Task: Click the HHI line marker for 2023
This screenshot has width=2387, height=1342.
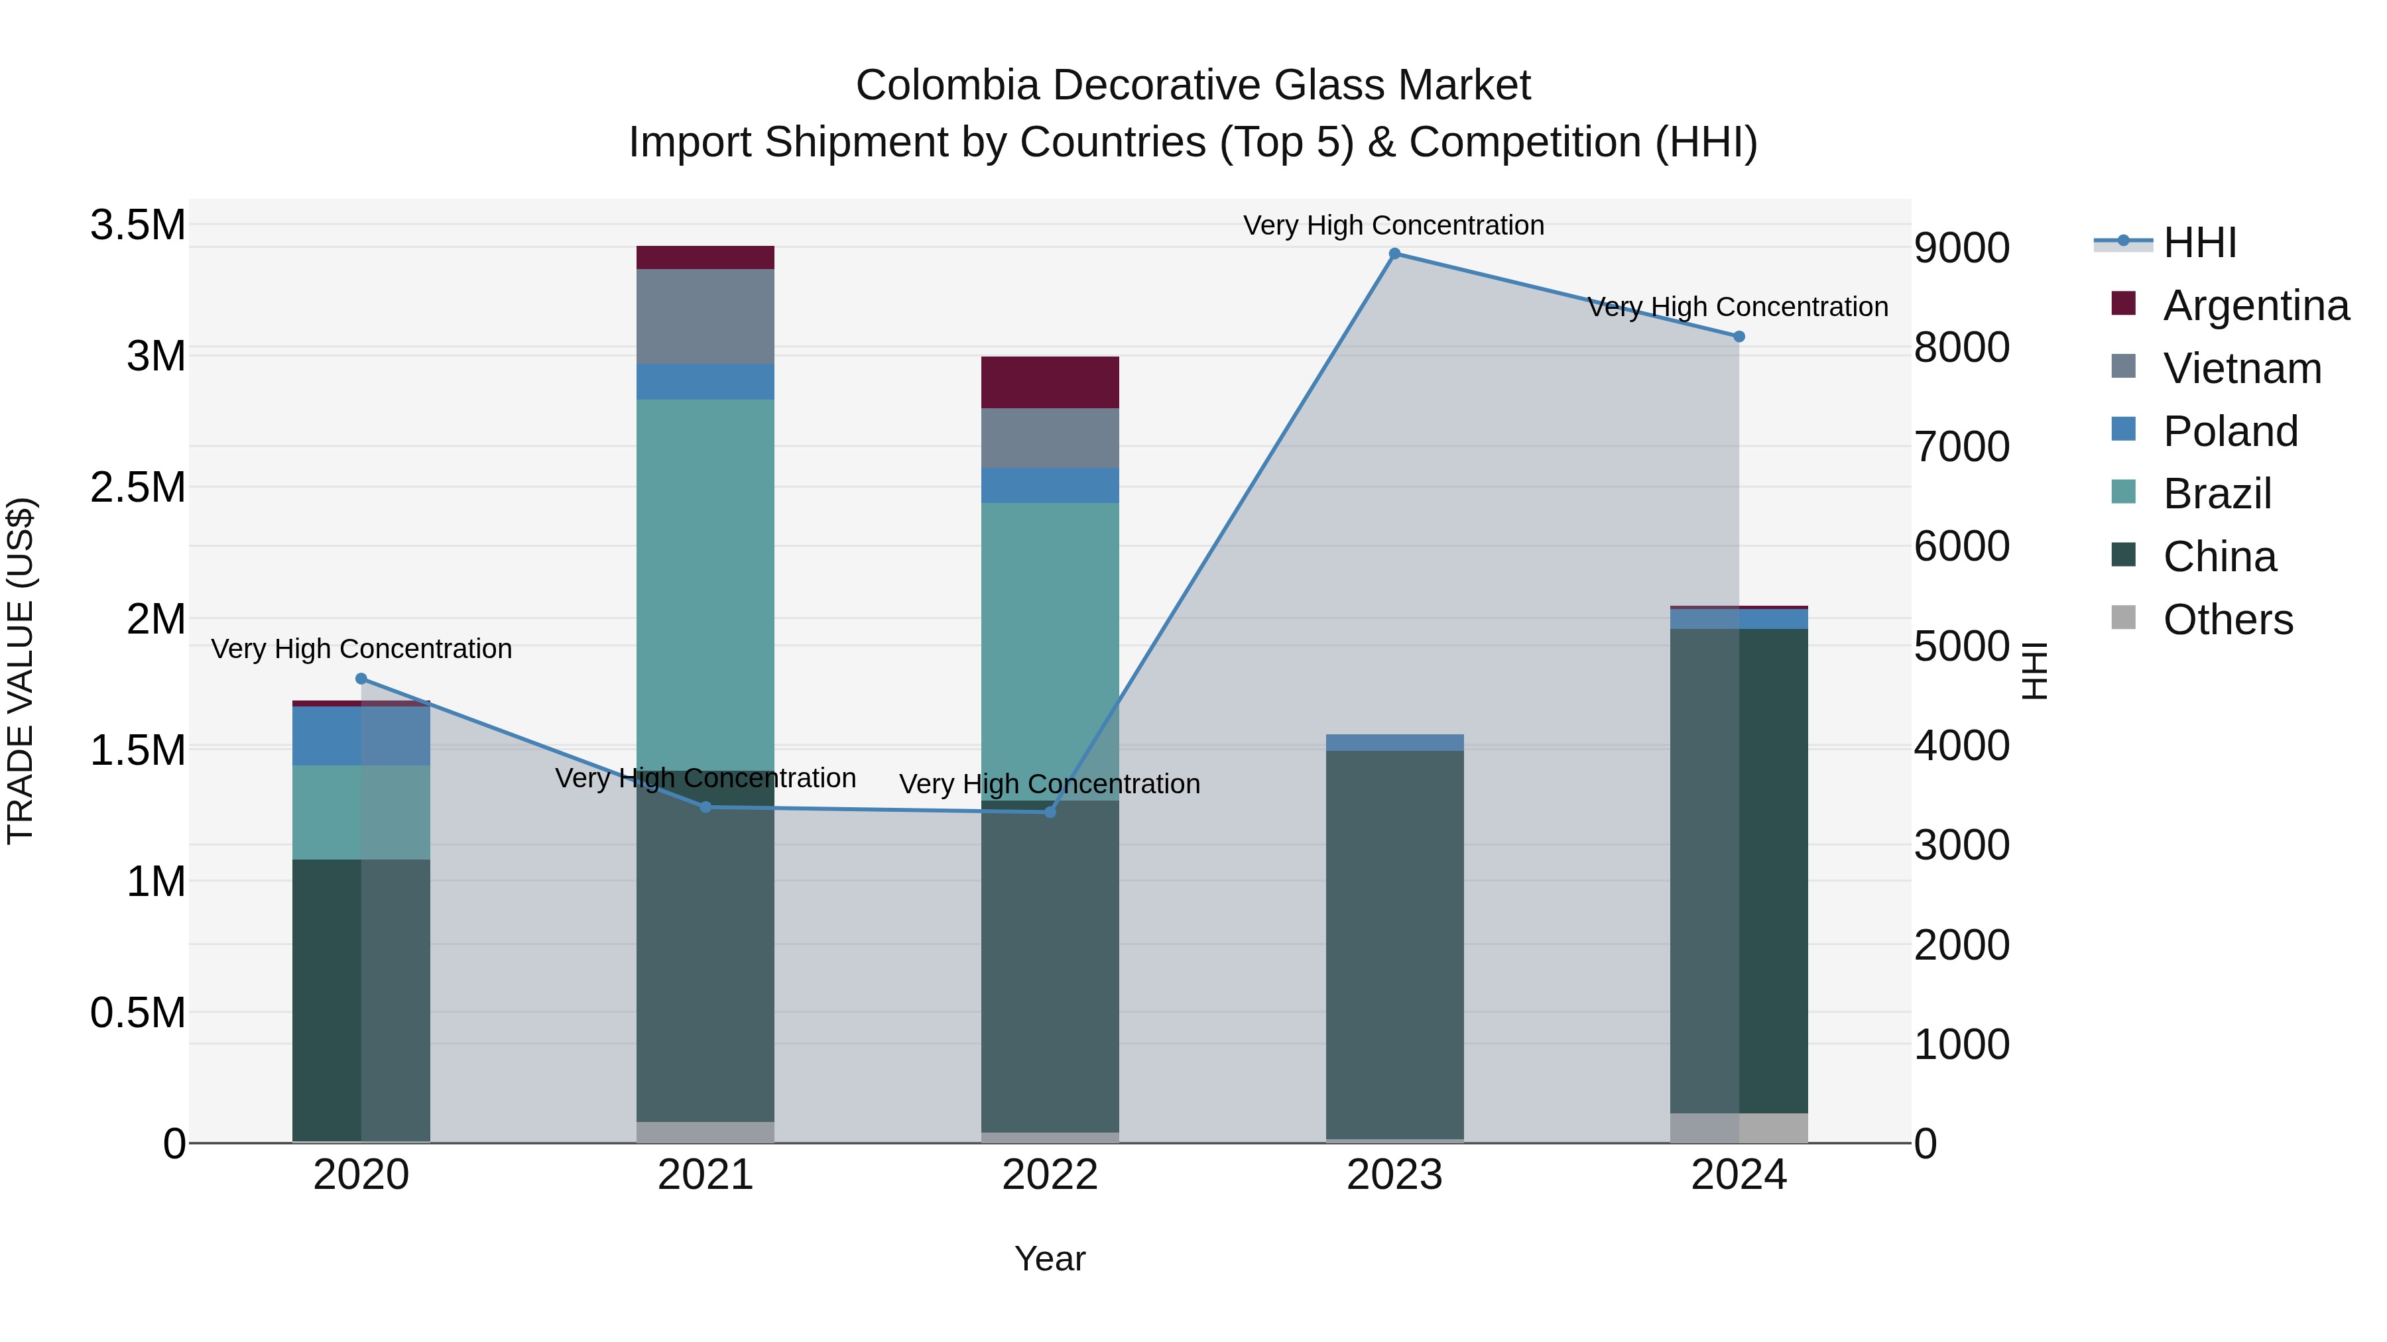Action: coord(1394,254)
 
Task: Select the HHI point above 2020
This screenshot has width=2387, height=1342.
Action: coord(361,679)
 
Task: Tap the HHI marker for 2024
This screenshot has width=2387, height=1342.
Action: coord(1739,337)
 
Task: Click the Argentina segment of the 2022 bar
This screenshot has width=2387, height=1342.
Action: coord(1050,382)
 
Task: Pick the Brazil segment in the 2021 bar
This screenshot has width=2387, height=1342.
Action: coord(705,583)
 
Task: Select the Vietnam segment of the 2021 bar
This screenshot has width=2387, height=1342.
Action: coord(705,317)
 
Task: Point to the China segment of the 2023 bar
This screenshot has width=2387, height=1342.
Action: coord(1394,944)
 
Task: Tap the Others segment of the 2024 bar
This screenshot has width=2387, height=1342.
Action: coord(1739,1127)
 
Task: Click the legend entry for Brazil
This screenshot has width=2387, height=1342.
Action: coord(2217,494)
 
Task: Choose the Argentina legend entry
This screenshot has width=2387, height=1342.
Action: coord(2256,306)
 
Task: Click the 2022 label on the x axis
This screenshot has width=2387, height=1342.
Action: coord(1050,1175)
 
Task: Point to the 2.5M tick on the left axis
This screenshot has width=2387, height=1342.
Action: coord(137,487)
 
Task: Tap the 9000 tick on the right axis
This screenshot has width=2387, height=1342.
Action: coord(1962,249)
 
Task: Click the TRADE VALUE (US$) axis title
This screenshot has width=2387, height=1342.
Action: coord(21,671)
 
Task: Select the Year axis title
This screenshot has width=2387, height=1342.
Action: coord(1050,1258)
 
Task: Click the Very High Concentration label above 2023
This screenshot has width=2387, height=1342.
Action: coord(1394,225)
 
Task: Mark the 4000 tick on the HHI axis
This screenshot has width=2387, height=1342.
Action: coord(1962,746)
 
